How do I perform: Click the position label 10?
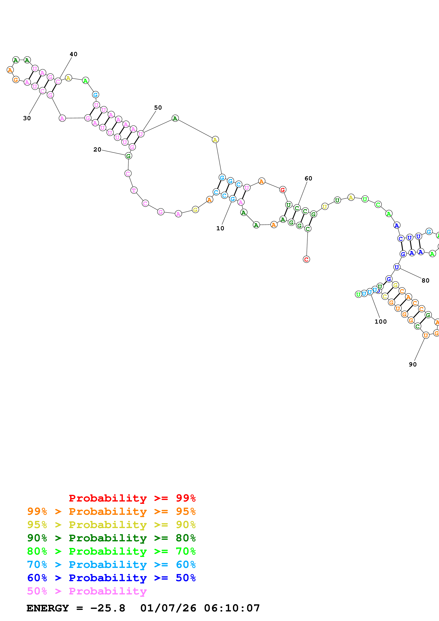tap(220, 228)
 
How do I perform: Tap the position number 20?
tap(97, 150)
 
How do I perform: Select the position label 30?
tap(27, 118)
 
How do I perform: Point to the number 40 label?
tap(73, 54)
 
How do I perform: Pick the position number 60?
tap(308, 178)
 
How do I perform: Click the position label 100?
tap(380, 322)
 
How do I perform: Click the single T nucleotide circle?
tap(134, 190)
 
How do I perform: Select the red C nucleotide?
tap(306, 259)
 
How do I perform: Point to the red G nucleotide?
tap(283, 190)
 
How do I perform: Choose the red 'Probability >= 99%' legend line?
tap(132, 498)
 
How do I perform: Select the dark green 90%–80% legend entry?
tap(111, 538)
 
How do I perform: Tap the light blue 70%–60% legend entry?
tap(111, 565)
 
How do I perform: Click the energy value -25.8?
tap(108, 608)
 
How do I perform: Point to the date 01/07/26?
tap(168, 608)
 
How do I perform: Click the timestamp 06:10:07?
tap(232, 608)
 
